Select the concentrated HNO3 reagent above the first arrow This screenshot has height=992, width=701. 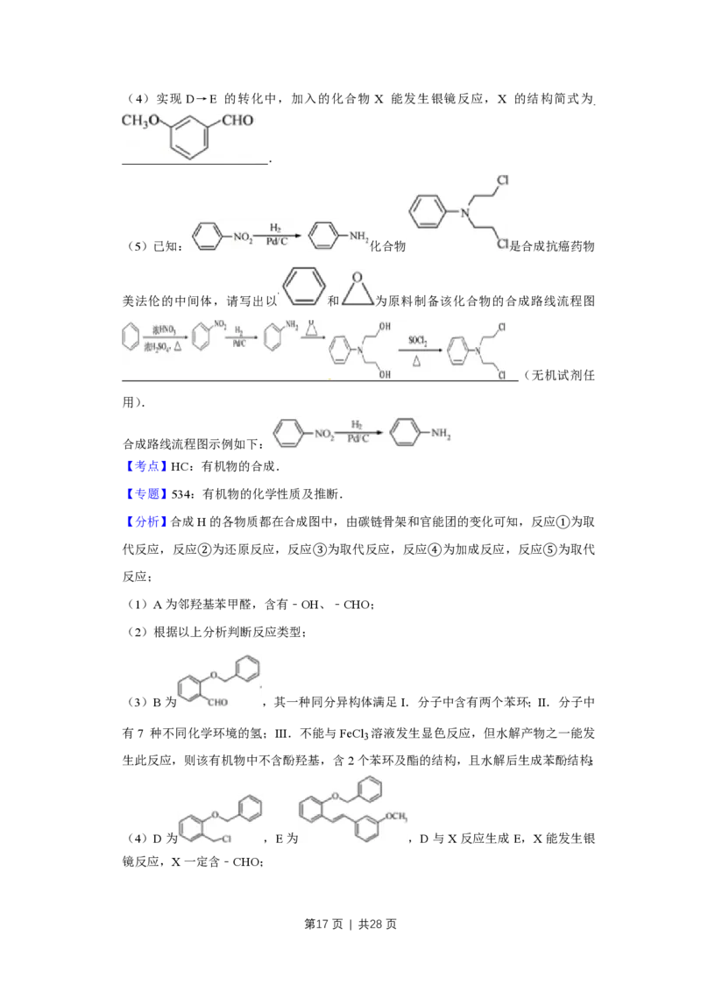click(160, 329)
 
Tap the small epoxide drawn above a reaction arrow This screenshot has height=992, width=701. click(309, 334)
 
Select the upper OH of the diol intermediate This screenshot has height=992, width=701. click(384, 327)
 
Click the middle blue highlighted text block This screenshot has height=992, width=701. click(146, 494)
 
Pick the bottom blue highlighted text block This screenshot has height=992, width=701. click(146, 522)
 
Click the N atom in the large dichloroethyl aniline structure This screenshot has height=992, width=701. click(465, 211)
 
